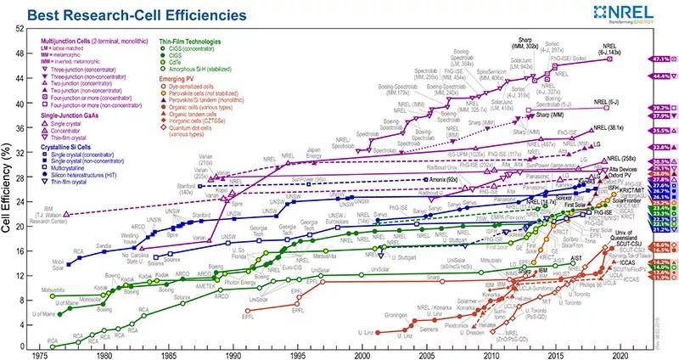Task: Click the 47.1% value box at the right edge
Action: (662, 59)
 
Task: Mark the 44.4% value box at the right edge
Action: (662, 76)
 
